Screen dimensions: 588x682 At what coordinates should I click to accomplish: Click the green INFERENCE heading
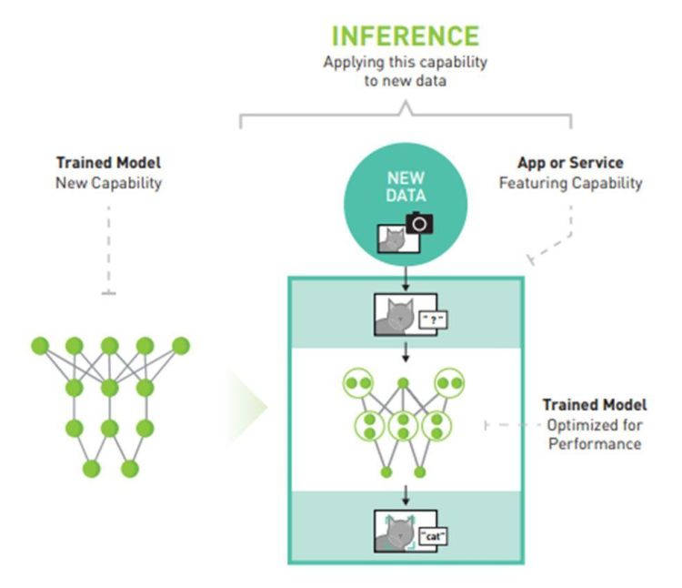405,35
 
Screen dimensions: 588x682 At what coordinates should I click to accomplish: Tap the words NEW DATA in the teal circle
406,186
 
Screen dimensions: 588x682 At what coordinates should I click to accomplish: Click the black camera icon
419,223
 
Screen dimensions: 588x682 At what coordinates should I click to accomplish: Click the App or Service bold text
571,163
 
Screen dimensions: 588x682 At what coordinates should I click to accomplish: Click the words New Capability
108,183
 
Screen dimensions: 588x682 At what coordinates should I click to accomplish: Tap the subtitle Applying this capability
406,62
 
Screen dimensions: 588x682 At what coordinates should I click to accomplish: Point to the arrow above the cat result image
406,495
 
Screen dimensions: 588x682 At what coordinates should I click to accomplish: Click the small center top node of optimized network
404,383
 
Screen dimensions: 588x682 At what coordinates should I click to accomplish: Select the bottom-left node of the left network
91,469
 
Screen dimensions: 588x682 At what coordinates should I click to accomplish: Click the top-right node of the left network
181,346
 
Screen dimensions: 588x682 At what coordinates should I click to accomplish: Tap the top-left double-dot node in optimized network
359,384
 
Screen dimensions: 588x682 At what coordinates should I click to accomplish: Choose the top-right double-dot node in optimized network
448,384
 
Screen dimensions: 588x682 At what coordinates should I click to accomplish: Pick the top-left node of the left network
39,346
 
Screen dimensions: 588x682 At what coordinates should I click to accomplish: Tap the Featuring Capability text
571,183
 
